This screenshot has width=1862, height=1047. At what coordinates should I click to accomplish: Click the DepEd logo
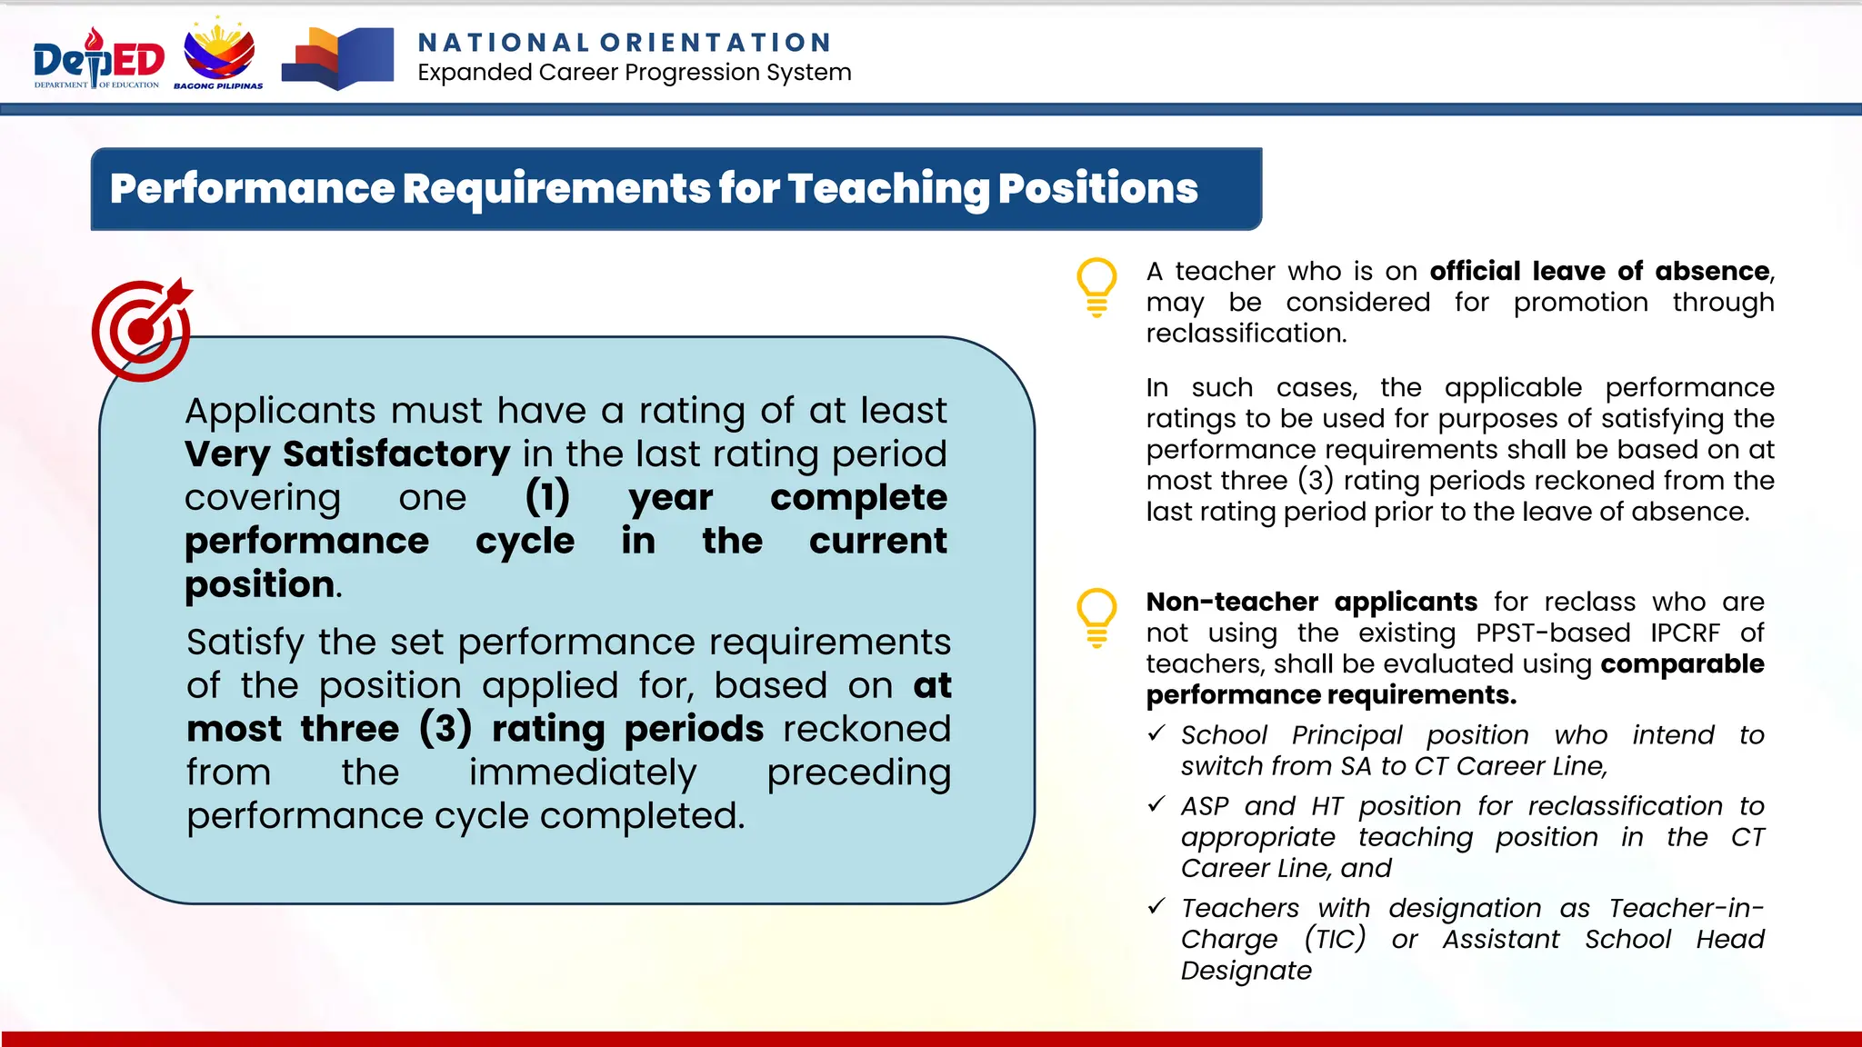pos(98,59)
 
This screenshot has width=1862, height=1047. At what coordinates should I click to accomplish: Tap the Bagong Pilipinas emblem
pos(219,55)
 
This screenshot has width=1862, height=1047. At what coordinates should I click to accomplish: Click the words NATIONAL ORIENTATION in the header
pos(625,43)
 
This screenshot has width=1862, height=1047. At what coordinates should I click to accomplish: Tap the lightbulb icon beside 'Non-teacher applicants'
pos(1096,617)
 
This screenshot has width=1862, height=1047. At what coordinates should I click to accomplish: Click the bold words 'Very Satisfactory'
pos(347,454)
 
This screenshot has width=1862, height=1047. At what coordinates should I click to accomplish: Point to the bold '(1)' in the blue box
pos(547,497)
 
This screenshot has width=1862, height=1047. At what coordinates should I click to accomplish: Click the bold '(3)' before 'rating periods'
pos(445,729)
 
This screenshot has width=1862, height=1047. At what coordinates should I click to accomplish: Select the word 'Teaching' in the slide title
pos(887,188)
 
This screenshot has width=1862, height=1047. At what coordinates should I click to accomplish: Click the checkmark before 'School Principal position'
pos(1156,733)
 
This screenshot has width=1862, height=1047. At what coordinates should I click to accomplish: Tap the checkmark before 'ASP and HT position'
pos(1156,804)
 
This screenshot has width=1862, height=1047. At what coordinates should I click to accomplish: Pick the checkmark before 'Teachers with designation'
pos(1156,906)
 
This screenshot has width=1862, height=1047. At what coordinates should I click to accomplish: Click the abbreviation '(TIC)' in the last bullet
pos(1335,939)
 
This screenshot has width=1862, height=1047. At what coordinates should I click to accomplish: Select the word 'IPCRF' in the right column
pos(1686,633)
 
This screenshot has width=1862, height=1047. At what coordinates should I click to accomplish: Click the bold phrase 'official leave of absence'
pos(1599,271)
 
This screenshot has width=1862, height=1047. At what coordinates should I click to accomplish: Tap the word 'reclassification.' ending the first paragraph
pos(1246,334)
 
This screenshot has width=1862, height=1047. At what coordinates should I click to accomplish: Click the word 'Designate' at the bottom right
pos(1246,971)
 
